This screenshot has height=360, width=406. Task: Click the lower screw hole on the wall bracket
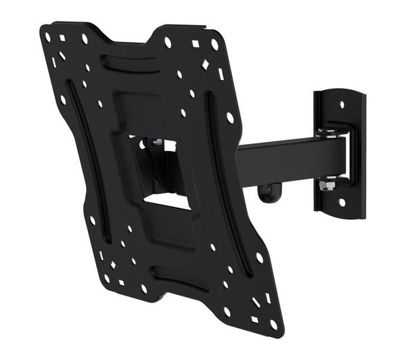pyautogui.click(x=342, y=201)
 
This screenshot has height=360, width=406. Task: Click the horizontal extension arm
pyautogui.click(x=284, y=159)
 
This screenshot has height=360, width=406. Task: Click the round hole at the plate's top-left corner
pyautogui.click(x=48, y=33)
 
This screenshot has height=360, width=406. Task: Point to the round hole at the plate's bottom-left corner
pyautogui.click(x=106, y=277)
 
